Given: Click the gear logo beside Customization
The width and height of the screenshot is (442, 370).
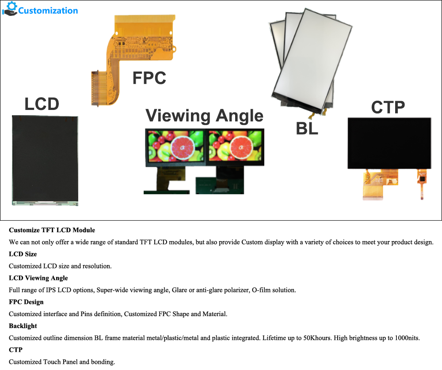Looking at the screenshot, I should click(10, 9).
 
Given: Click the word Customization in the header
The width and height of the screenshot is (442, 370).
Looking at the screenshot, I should click(48, 11).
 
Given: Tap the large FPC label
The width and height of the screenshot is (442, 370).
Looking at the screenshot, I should click(149, 78).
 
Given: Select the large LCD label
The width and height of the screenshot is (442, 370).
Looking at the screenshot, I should click(42, 105).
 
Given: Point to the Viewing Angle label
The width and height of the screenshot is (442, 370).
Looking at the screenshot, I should click(204, 116).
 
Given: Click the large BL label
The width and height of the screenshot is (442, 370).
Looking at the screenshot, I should click(307, 129).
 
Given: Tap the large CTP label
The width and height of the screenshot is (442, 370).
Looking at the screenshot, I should click(388, 107).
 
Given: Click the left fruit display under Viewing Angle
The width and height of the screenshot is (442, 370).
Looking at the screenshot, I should click(175, 145).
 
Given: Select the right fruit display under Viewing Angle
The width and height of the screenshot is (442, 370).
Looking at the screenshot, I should click(236, 145).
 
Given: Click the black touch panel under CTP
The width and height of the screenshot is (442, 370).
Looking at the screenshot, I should click(389, 143).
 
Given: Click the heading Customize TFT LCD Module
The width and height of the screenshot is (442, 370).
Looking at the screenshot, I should click(52, 230).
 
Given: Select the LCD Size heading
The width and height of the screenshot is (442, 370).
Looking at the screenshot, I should click(23, 254).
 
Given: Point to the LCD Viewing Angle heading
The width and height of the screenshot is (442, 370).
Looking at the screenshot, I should click(38, 278).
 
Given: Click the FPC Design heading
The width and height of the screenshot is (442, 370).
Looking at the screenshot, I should click(26, 302).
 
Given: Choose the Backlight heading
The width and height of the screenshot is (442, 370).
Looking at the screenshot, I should click(23, 326).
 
